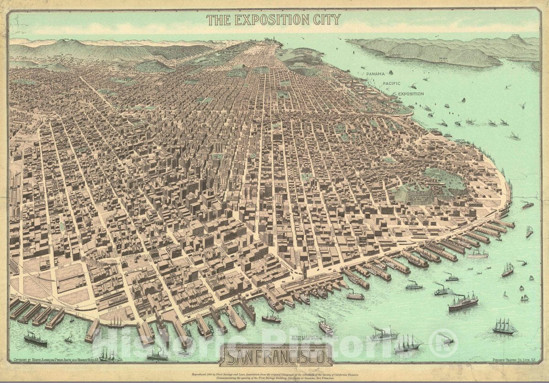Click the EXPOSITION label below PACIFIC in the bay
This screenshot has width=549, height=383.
(x=410, y=94)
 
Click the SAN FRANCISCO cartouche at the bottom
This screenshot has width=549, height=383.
(x=276, y=355)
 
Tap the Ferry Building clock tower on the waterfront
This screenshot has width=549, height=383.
(x=303, y=271)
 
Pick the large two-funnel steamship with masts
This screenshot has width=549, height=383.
(x=463, y=302)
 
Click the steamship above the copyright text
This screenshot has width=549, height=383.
(x=35, y=339)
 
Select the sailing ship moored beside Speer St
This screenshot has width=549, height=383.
(x=115, y=323)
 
